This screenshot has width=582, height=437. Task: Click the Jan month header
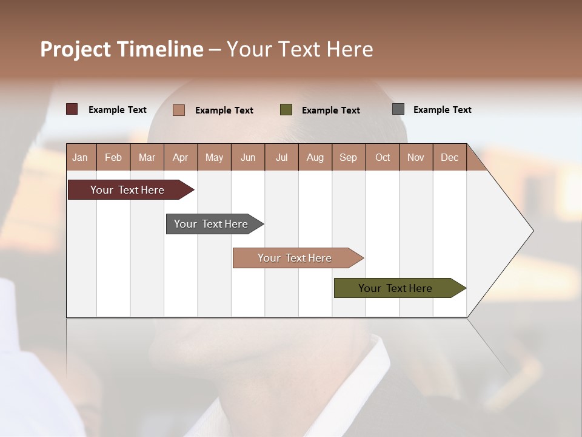click(80, 158)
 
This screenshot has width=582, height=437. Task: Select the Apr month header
click(180, 158)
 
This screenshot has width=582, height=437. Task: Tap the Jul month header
click(281, 158)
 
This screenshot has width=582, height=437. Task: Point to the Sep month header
click(348, 158)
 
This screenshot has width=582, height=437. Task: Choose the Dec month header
click(449, 158)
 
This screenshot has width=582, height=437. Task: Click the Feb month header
click(113, 158)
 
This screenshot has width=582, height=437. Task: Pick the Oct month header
click(383, 158)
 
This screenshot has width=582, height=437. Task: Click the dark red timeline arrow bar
click(127, 190)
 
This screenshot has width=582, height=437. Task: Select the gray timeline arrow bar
click(211, 224)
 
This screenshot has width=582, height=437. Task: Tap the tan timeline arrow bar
click(295, 258)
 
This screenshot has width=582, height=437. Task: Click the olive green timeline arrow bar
click(395, 288)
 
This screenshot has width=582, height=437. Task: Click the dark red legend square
click(72, 109)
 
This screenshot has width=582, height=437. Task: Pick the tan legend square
click(178, 110)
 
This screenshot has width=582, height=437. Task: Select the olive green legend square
click(286, 110)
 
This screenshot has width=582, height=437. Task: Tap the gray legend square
click(398, 109)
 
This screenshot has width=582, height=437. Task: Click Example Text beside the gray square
click(442, 110)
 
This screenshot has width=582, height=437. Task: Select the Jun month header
click(248, 158)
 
